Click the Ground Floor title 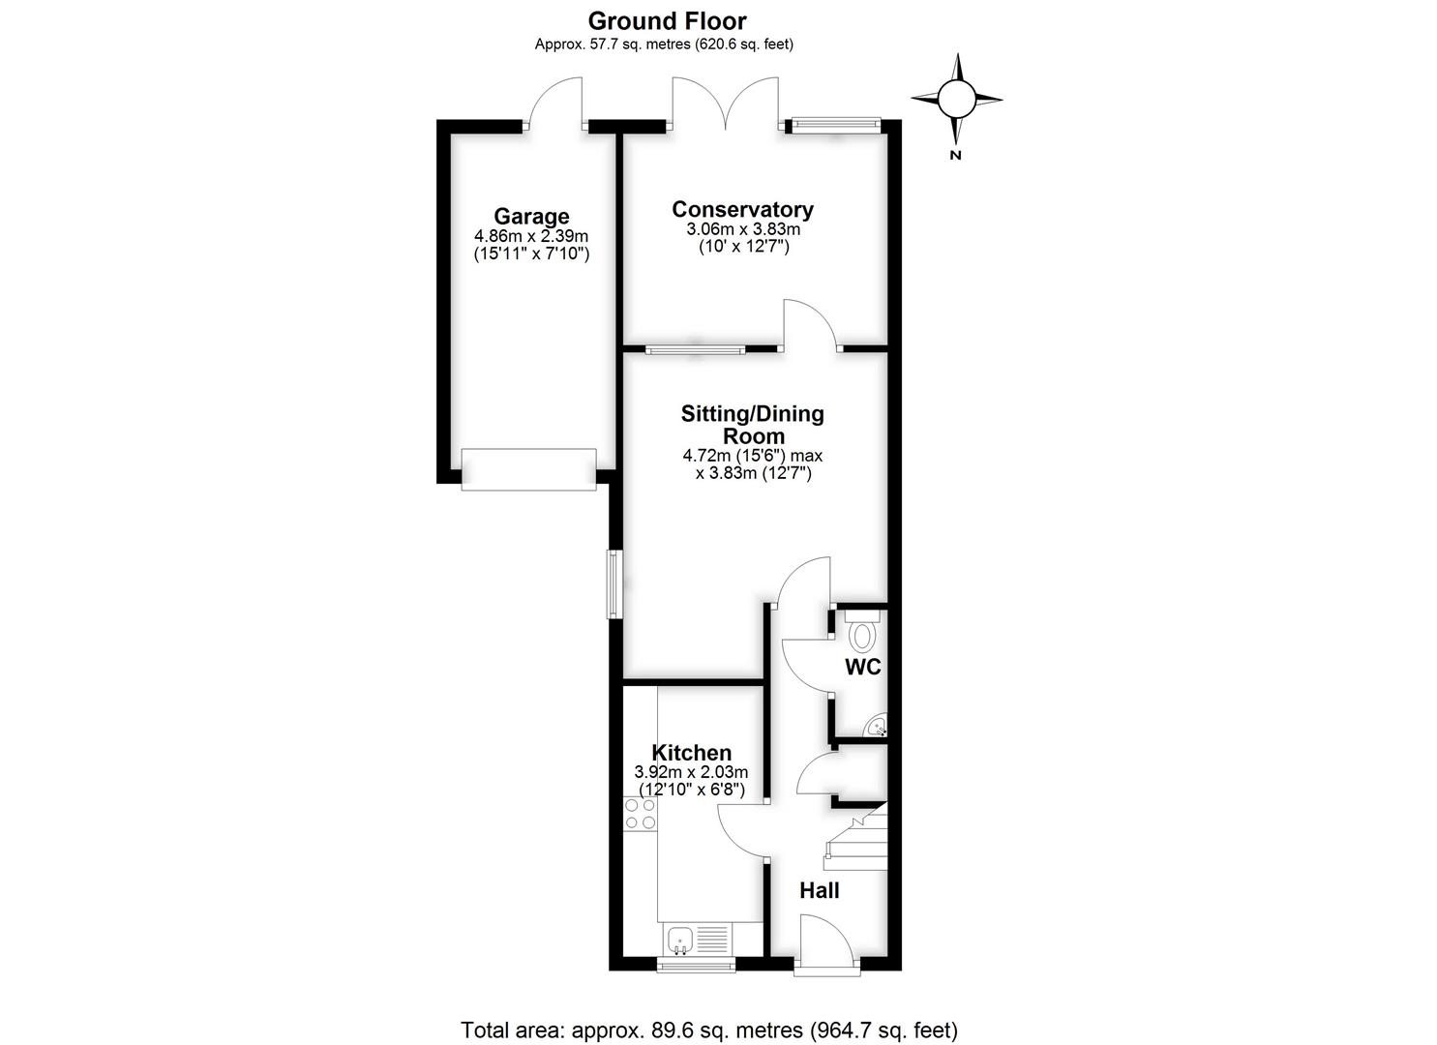point(667,21)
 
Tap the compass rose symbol point(956,99)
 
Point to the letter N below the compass point(956,155)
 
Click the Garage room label point(531,216)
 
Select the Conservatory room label point(742,209)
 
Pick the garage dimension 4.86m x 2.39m point(531,236)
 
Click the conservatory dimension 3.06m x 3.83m point(743,229)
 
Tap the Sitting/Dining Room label point(753,425)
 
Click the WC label point(863,668)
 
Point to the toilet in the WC point(861,631)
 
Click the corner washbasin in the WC point(877,726)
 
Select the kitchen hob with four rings point(641,814)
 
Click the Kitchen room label point(692,753)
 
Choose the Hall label point(820,890)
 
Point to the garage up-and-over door point(528,469)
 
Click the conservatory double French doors point(725,104)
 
